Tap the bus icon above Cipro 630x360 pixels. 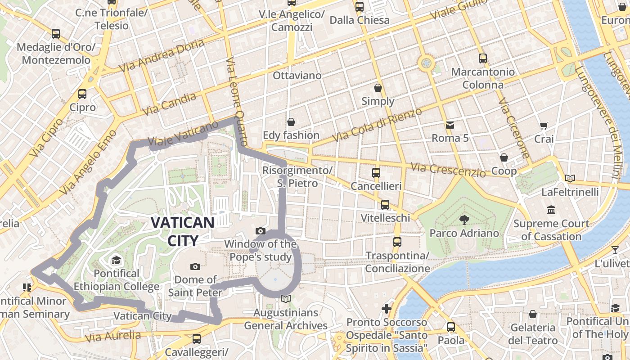(82, 94)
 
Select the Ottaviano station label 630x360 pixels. (297, 75)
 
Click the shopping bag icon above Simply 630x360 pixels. (378, 88)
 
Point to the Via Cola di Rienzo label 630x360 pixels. (377, 124)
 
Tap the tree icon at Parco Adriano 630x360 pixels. (464, 220)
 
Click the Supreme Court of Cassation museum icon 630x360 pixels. (551, 210)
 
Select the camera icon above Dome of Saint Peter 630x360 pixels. (195, 266)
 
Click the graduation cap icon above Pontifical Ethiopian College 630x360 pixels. (116, 260)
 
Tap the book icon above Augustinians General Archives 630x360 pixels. (285, 299)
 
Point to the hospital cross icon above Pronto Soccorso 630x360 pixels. (387, 309)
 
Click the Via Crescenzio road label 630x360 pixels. (448, 170)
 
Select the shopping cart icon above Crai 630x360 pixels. (544, 126)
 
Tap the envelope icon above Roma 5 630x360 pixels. (450, 125)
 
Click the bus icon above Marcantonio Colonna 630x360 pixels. (482, 58)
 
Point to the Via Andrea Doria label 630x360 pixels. (162, 55)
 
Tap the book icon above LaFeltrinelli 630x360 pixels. (570, 179)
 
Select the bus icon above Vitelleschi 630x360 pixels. (385, 205)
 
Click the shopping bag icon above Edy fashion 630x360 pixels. (291, 122)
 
